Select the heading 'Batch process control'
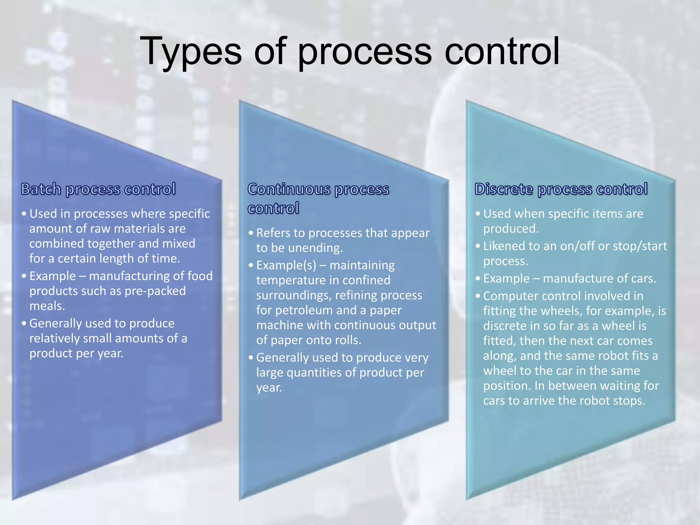tap(98, 189)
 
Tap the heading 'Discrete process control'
tap(561, 189)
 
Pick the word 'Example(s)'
tap(286, 265)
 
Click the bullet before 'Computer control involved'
tap(477, 296)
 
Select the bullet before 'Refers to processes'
tap(251, 233)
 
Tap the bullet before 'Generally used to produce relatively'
tap(24, 323)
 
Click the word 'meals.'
tap(47, 306)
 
